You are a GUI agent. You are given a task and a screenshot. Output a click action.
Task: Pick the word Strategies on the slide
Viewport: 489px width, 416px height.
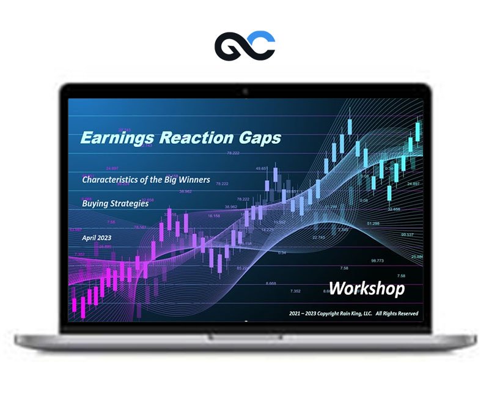coord(130,203)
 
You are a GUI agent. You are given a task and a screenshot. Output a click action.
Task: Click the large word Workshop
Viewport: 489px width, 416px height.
coord(366,288)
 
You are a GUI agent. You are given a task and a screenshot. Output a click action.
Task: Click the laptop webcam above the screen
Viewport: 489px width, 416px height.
coord(244,92)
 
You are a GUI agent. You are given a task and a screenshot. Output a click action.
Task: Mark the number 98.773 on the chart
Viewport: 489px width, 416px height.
coord(377,261)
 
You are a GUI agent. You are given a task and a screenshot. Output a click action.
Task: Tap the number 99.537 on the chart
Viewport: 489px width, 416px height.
coord(408,234)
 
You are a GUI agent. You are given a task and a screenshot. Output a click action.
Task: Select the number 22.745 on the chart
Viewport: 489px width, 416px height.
coord(318,237)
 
